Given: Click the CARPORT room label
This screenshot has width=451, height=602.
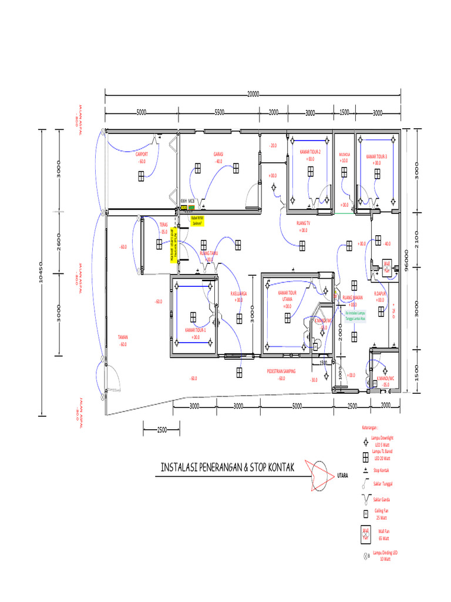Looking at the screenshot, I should click(142, 155).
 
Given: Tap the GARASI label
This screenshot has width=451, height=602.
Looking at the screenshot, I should click(218, 154).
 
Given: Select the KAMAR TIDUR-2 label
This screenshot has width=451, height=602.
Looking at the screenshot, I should click(310, 152).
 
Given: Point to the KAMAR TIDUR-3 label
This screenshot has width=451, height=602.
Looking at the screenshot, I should click(376, 156).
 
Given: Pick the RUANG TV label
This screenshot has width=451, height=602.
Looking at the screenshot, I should click(303, 223).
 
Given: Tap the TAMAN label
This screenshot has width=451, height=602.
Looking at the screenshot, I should click(123, 337).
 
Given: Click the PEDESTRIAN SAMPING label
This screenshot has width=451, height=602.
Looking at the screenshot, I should click(281, 372).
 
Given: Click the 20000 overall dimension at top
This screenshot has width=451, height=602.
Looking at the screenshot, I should click(253, 93).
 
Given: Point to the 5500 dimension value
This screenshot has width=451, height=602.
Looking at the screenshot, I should click(220, 112).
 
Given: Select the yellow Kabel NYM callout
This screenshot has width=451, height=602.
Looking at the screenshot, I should click(197, 220).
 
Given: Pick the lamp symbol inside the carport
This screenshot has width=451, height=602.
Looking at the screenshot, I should click(142, 175).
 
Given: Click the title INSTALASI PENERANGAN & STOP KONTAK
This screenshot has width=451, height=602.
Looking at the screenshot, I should click(228, 468).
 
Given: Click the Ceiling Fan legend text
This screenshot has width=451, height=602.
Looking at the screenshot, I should click(382, 514).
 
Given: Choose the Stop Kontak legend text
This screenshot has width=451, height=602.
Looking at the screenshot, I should click(382, 470).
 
